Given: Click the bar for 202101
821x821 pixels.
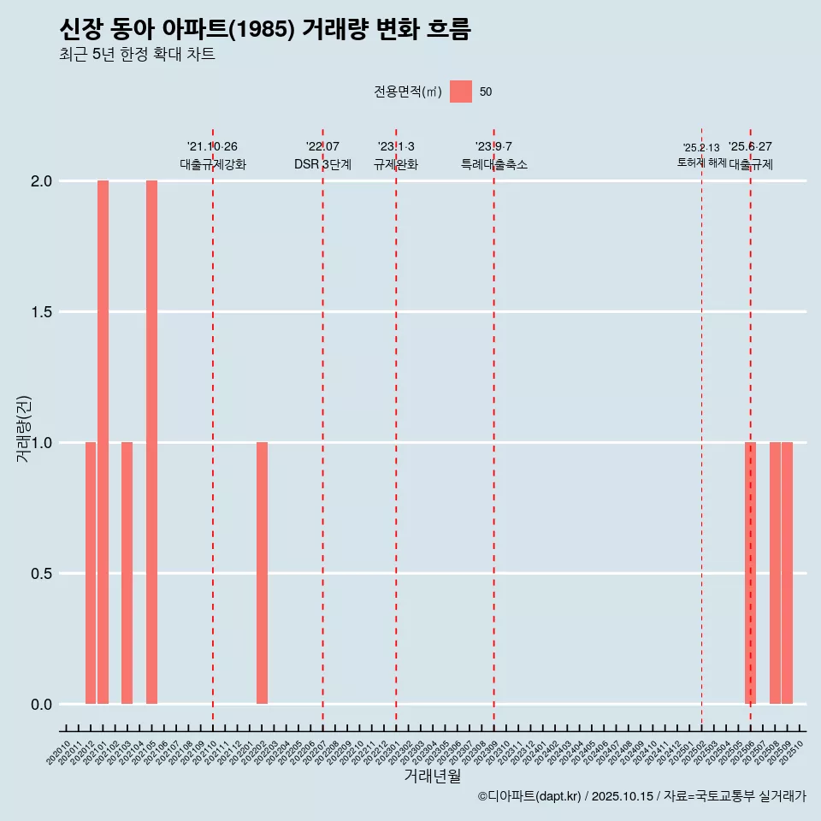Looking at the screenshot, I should tap(103, 442).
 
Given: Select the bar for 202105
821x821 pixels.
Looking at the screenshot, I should tap(151, 442).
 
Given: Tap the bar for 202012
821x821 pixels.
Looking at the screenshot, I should tap(91, 573).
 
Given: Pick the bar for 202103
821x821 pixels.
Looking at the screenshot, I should tap(127, 573).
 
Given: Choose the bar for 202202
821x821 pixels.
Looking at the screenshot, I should tap(262, 573).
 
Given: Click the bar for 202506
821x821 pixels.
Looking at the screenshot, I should tap(750, 573).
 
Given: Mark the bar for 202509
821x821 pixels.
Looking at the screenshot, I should tap(787, 573).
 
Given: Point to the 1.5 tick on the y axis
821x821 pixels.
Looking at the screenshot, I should tap(41, 312).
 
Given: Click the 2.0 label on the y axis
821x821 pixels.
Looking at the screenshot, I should tap(41, 181).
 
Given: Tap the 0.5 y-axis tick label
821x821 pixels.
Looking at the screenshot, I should tap(41, 574).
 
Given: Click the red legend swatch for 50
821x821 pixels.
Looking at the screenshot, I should tap(461, 92).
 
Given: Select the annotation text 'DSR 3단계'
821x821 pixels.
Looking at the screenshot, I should tap(322, 164).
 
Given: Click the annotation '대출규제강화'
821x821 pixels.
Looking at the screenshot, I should tap(213, 164).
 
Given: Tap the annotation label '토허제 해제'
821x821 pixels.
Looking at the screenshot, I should tap(701, 162).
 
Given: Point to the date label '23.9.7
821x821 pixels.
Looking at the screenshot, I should tap(493, 146).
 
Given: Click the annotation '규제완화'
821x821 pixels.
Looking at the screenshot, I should tap(396, 164).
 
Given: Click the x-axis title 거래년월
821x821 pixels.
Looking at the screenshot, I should tap(432, 777).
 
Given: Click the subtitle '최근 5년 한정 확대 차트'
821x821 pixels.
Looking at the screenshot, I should tap(137, 55).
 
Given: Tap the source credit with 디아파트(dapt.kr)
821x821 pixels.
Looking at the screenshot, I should tap(641, 796).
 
